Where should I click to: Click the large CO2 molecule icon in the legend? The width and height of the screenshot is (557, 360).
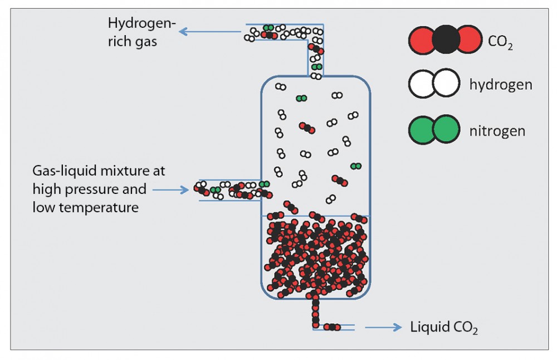click(444, 40)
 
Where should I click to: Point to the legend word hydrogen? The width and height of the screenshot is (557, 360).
click(500, 85)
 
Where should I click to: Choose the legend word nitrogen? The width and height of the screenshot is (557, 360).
click(497, 132)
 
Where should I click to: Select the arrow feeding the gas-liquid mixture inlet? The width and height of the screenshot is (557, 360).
click(171, 190)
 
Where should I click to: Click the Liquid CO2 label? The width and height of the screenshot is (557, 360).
click(444, 328)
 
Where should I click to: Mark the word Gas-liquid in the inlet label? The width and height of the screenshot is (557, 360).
click(62, 171)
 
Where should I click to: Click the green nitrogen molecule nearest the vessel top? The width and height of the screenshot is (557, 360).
click(301, 99)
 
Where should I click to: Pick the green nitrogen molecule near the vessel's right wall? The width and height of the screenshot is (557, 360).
click(355, 166)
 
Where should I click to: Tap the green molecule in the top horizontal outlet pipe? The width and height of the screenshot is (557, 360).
click(268, 27)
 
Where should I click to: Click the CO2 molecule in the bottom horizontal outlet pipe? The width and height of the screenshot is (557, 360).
click(331, 327)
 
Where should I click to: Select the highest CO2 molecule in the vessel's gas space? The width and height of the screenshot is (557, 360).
click(306, 128)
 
